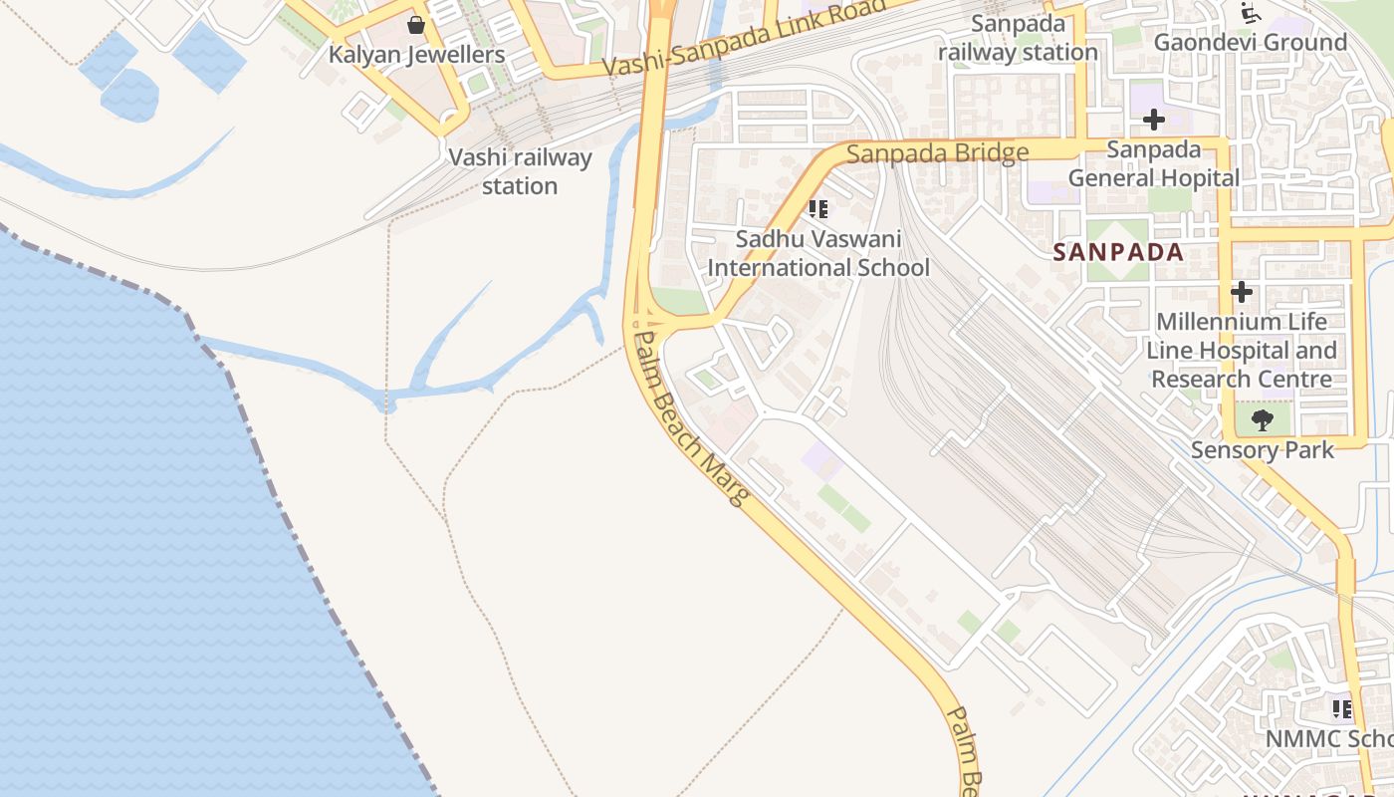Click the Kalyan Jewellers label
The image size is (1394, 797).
coord(417,55)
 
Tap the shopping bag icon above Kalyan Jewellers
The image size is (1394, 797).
coord(416,25)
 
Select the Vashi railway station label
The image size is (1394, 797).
coord(520,171)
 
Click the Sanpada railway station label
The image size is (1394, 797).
coord(1018,38)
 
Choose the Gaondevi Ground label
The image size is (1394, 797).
coord(1250,43)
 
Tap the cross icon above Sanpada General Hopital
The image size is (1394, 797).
coord(1153,121)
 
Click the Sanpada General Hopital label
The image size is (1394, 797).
coord(1154,164)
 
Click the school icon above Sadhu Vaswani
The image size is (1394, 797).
coord(817,209)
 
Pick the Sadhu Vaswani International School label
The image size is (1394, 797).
coord(818,253)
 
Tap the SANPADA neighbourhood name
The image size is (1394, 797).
coord(1119,252)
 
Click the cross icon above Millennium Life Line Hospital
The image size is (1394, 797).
coord(1241,293)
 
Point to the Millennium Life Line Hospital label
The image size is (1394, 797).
coord(1241,351)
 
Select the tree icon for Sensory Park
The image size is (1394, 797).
coord(1262,420)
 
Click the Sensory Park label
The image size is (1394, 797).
coord(1262,450)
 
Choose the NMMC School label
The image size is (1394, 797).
coord(1328,739)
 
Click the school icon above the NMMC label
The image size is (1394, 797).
coord(1341,709)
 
